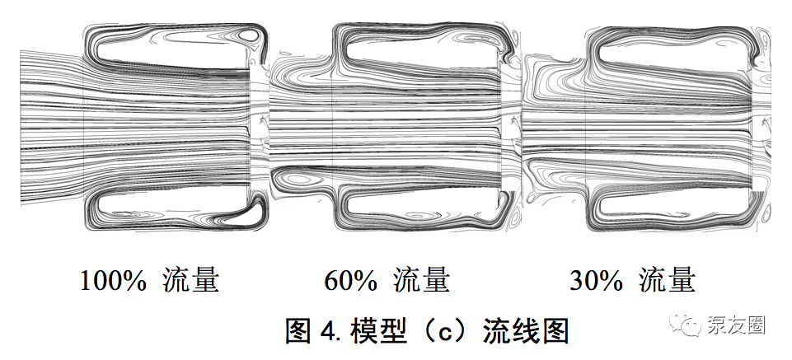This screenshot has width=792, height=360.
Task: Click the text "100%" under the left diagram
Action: (x=113, y=280)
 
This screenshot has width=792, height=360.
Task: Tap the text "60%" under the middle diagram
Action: (x=350, y=280)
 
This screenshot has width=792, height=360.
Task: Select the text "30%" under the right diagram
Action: (x=596, y=280)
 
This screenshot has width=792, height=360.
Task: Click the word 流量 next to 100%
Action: (x=191, y=280)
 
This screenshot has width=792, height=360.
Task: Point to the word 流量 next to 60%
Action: (x=421, y=280)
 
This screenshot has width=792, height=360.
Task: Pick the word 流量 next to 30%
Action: (x=668, y=280)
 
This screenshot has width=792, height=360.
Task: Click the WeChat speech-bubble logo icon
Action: (x=686, y=323)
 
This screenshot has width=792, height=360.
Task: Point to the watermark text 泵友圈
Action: (x=736, y=325)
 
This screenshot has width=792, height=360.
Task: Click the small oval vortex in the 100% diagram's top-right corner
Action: (x=249, y=35)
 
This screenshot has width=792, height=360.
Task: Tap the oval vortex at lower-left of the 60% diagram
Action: (x=298, y=179)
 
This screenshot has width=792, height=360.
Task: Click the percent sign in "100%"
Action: (x=135, y=281)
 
